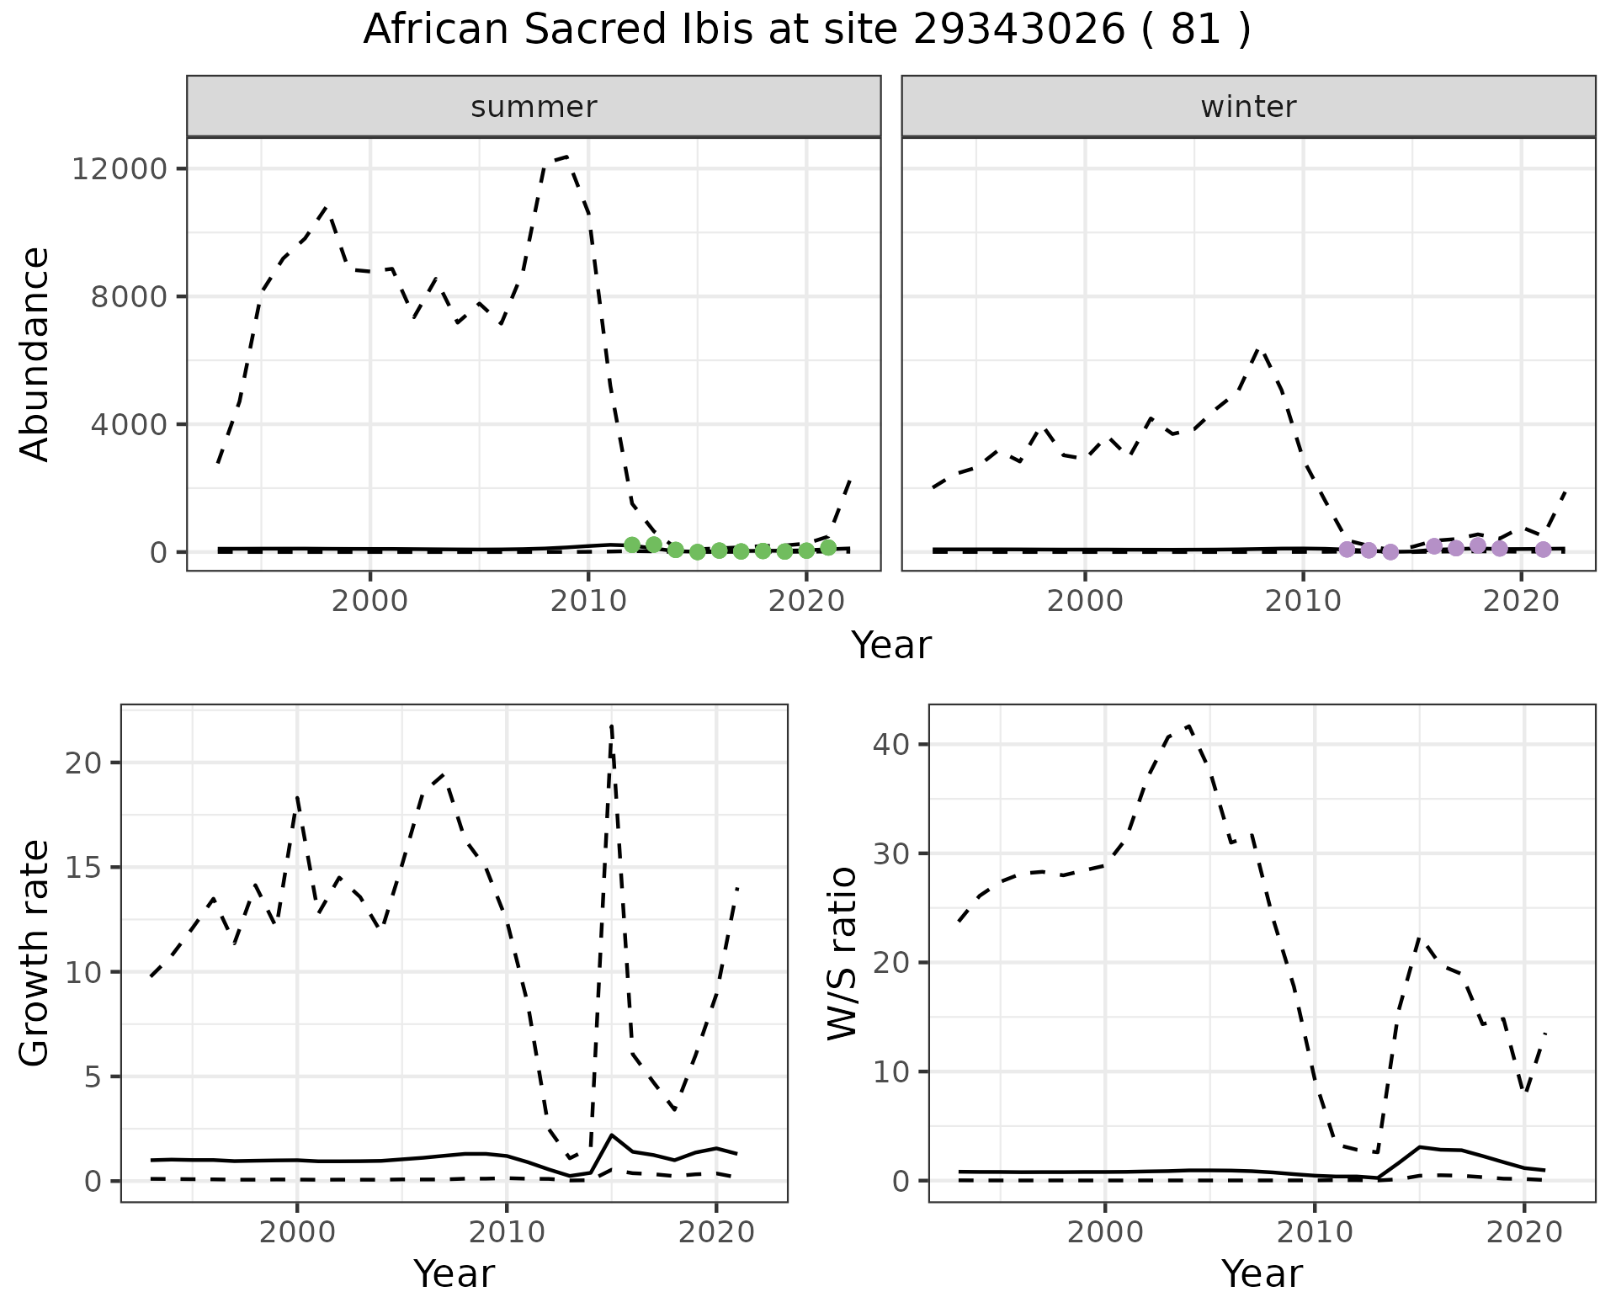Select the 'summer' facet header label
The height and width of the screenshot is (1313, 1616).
pos(534,107)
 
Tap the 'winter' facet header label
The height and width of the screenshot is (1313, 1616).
pos(1248,107)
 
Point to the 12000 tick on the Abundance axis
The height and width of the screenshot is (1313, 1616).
pos(120,169)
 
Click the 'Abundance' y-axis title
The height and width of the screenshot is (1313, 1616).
pos(35,353)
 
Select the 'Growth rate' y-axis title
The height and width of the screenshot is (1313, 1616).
pos(35,953)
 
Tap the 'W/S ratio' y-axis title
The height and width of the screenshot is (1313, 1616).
pos(842,953)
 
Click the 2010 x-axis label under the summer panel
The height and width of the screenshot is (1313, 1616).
pos(587,601)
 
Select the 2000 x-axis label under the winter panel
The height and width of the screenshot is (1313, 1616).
pos(1085,601)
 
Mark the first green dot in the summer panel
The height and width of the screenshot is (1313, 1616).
pos(632,545)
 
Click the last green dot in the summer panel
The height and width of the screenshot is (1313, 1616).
pos(828,548)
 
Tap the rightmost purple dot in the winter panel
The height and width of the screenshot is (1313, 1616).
pos(1543,550)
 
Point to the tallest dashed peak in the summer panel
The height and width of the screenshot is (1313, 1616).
pos(566,157)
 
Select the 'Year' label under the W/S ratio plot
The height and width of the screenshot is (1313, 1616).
pos(1262,1273)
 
